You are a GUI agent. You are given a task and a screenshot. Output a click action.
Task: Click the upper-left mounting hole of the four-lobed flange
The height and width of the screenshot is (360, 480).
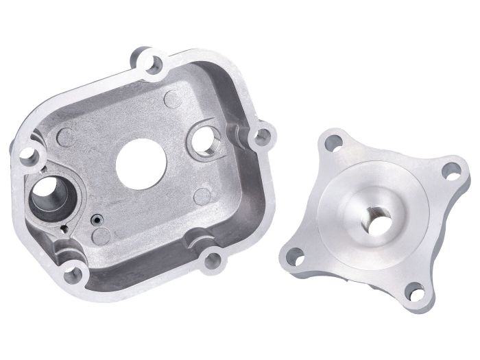click(334, 143)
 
